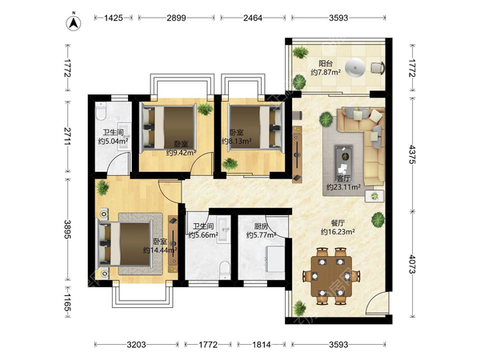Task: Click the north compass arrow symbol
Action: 74,22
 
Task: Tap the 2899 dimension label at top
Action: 176,18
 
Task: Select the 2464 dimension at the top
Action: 253,18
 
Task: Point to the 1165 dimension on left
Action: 68,302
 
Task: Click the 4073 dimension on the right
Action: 412,265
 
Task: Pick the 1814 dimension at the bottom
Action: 262,345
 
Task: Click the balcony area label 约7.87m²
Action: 326,73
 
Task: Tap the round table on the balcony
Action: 355,68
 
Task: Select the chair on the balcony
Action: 378,68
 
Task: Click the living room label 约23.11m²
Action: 343,186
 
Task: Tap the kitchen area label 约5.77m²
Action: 261,235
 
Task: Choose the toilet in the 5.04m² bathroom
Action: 101,111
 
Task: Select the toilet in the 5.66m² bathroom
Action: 225,270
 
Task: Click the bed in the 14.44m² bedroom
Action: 126,244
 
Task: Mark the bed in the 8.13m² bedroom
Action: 257,127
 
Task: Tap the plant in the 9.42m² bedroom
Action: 205,109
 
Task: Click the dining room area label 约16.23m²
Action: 338,232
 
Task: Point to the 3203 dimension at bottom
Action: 137,345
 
